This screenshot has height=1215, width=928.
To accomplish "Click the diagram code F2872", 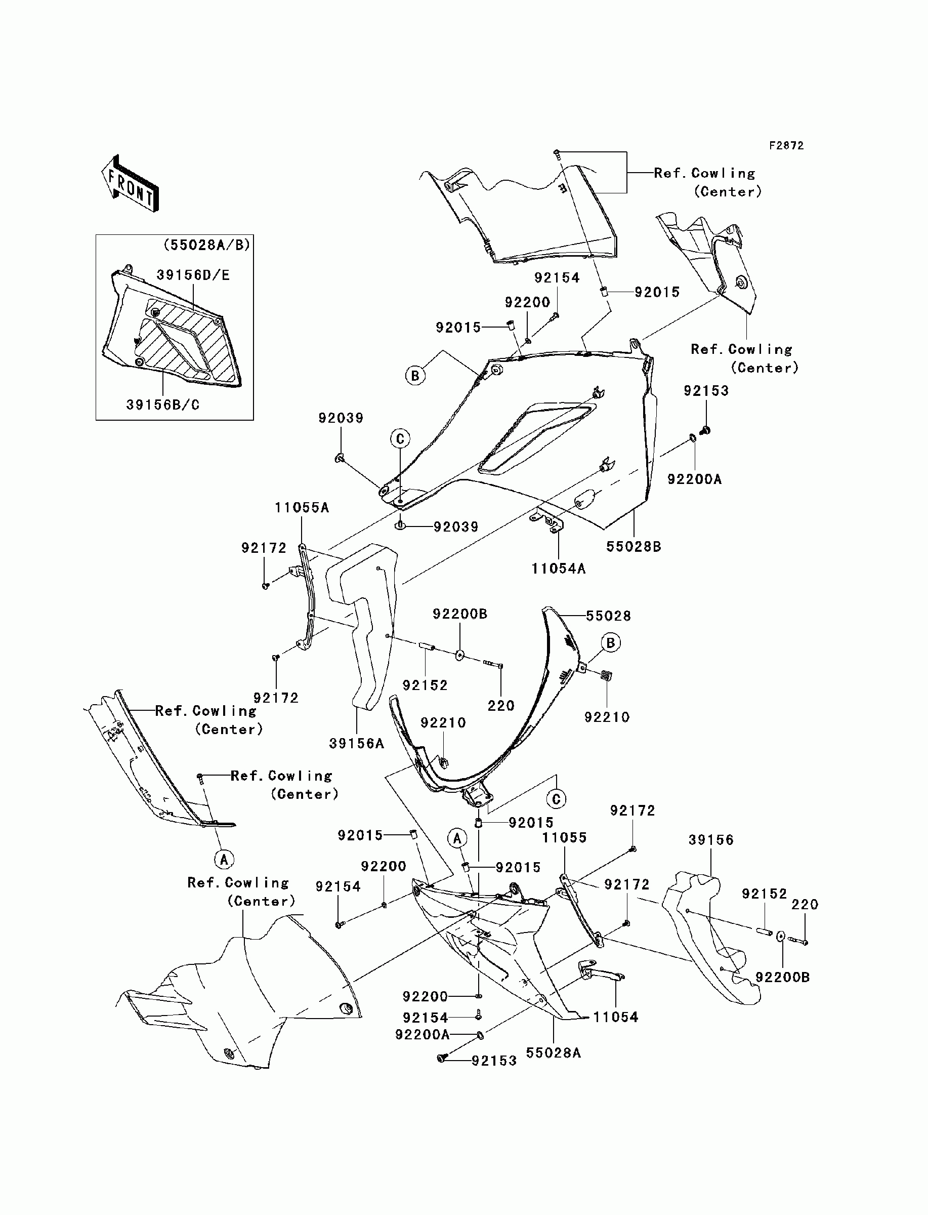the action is [x=787, y=146].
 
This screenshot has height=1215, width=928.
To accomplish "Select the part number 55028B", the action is [x=634, y=546].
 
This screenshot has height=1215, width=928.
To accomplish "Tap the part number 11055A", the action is [x=302, y=508].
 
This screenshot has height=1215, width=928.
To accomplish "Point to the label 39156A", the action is [x=356, y=744].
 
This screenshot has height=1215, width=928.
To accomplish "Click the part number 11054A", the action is [x=559, y=569].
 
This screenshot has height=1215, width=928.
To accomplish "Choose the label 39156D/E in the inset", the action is [x=193, y=275].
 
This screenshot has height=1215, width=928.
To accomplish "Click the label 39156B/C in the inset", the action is [x=162, y=405].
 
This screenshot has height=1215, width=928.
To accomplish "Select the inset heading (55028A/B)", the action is [x=206, y=245].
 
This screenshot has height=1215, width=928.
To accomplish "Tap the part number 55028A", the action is [x=553, y=1053].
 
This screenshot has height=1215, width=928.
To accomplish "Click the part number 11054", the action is [x=615, y=1017].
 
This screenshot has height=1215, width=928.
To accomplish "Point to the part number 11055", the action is [x=564, y=838].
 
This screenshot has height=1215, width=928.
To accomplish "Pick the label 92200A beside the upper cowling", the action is [x=694, y=479].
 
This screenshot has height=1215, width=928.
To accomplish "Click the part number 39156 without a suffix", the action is [x=711, y=840].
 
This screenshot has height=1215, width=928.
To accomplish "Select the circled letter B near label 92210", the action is [x=611, y=642].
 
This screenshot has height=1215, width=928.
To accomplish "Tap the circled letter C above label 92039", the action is [x=400, y=439].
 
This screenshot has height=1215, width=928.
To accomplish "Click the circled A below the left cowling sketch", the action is [x=224, y=859].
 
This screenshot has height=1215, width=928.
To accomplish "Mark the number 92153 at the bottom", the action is [x=494, y=1061].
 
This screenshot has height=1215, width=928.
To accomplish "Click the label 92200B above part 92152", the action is [x=459, y=615].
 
